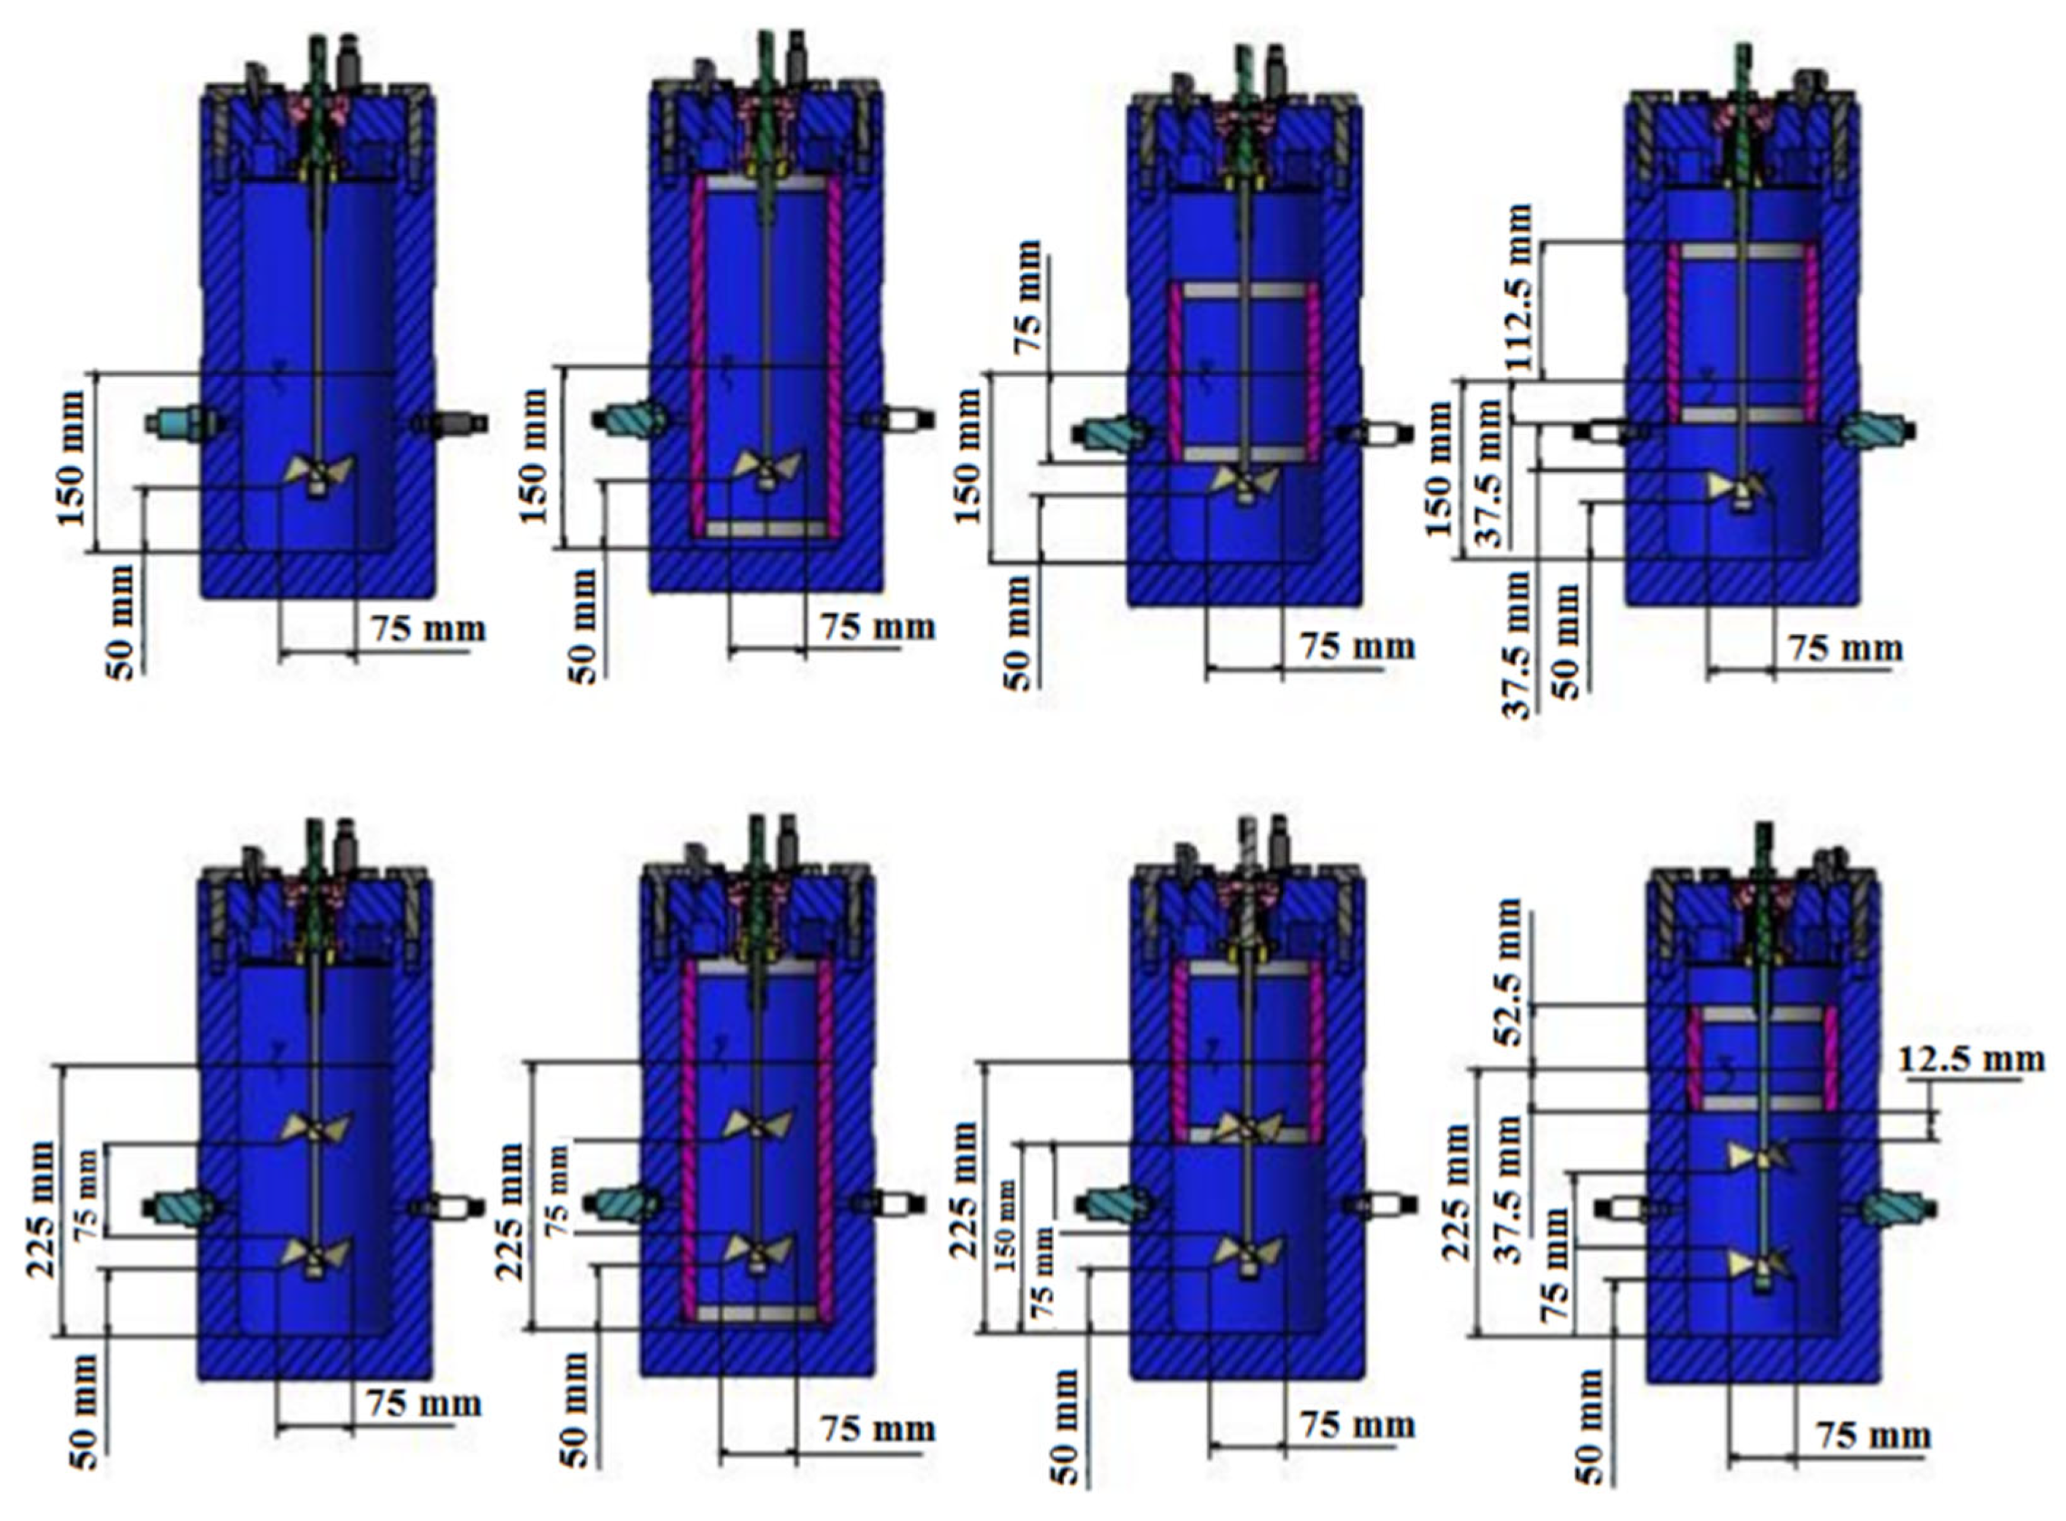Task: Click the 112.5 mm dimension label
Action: point(1519,287)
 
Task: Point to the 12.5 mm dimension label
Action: point(1971,1060)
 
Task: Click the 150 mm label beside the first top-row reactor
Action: point(73,458)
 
